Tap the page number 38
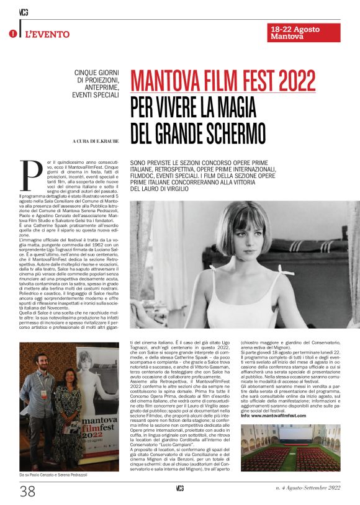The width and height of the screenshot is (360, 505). click(27, 491)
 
